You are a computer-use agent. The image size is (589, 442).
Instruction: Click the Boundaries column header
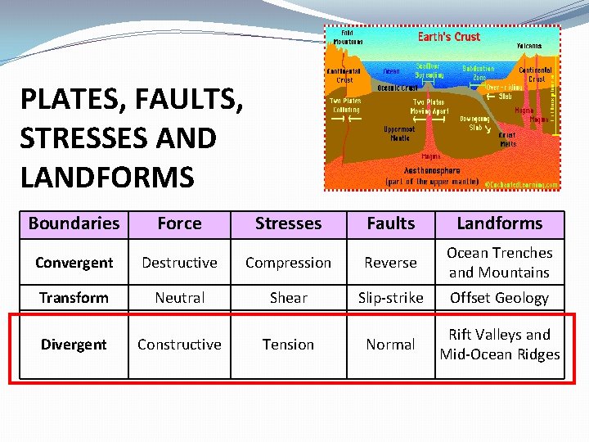[74, 223]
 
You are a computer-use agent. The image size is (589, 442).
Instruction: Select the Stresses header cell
[289, 223]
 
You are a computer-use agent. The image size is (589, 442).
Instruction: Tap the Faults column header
[390, 223]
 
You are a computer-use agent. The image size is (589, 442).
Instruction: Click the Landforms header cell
[499, 223]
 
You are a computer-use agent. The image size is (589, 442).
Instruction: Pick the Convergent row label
[74, 263]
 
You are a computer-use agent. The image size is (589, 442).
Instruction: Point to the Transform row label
[74, 298]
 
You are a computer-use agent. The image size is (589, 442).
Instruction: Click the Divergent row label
[74, 345]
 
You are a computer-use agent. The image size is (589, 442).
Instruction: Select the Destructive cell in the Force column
[179, 263]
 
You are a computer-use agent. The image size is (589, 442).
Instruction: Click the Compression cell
[289, 263]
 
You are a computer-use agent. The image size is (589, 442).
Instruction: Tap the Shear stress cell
[289, 298]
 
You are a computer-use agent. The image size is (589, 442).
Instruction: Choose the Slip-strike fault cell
[390, 298]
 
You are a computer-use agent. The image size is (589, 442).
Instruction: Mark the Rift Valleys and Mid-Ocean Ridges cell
[499, 345]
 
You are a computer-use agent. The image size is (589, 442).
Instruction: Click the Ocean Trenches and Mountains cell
[499, 263]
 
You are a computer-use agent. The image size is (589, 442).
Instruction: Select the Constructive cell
[179, 345]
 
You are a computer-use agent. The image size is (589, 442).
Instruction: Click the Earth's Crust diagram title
[449, 37]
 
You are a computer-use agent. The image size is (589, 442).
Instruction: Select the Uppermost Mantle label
[400, 133]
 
